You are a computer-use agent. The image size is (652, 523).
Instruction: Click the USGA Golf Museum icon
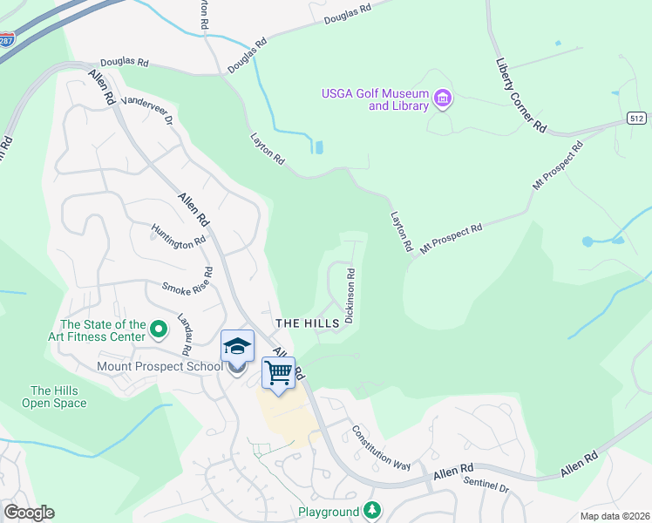pos(443,98)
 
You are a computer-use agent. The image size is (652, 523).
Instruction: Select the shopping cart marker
pos(278,374)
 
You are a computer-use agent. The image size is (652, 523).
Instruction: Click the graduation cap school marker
pos(237,347)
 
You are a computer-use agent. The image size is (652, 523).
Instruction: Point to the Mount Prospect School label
pos(160,366)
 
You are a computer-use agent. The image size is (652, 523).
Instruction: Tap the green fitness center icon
pos(158,329)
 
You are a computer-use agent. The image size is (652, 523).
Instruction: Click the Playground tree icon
pos(372,510)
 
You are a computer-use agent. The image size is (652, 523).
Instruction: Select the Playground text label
pos(329,512)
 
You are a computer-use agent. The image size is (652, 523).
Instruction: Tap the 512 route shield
pos(637,118)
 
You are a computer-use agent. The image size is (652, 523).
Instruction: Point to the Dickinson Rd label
pos(350,295)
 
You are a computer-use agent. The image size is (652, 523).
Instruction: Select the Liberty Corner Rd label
pos(520,96)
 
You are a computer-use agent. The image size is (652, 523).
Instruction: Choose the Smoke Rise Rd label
pos(187,282)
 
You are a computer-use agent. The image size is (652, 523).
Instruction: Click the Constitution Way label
pos(381,447)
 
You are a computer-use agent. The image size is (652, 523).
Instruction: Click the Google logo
pos(29,513)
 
